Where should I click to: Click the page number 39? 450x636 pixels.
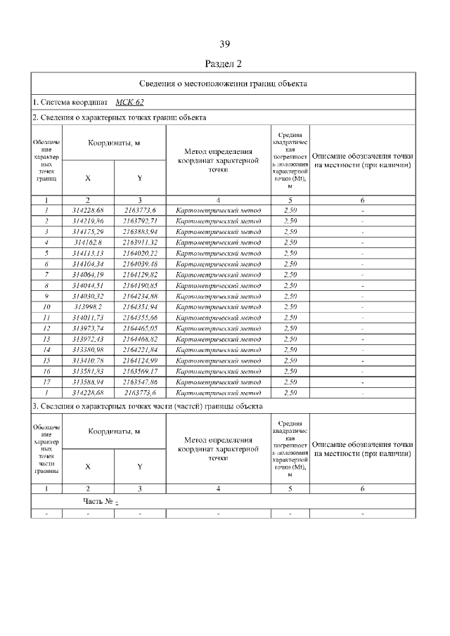point(225,45)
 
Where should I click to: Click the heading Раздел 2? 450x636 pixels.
point(225,64)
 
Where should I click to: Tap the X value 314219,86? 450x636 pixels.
point(88,221)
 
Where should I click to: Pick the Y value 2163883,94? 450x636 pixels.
point(140,231)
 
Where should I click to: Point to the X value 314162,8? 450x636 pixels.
point(88,242)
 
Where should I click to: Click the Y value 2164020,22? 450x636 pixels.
point(140,253)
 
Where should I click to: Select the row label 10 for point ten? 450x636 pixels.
point(46,306)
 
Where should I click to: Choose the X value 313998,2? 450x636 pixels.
point(88,306)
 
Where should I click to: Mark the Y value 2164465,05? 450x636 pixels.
point(140,328)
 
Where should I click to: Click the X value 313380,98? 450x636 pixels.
point(88,349)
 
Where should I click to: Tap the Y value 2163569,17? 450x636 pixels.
point(140,371)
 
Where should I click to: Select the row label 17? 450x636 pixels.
point(46,382)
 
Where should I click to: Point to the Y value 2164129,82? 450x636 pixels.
point(140,274)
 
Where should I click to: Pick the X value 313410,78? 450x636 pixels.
point(88,361)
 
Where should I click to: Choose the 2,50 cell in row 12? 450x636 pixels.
point(290,328)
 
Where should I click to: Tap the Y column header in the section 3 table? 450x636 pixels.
point(140,466)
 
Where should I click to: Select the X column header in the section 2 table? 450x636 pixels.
point(88,178)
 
